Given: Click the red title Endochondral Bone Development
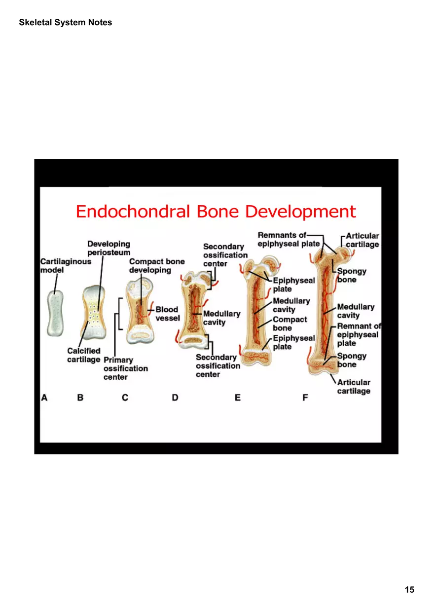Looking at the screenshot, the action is (x=216, y=211).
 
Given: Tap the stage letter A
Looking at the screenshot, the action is (x=44, y=397).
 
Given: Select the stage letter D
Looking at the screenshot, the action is (x=175, y=397).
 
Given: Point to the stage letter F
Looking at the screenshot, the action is (x=305, y=397).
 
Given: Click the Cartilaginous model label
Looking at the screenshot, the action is (x=59, y=266).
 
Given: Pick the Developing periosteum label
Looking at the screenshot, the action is (x=108, y=248).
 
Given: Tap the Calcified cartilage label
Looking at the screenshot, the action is (x=83, y=355).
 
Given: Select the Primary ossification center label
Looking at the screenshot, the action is (x=125, y=368).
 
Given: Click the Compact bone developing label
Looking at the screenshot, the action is (x=157, y=266).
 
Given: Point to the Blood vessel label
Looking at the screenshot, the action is (x=167, y=314).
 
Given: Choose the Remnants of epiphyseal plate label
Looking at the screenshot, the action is (x=289, y=240).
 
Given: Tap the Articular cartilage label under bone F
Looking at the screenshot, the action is (x=354, y=387).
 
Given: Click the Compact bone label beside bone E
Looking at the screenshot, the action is (x=290, y=324).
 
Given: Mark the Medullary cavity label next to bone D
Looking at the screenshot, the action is (x=221, y=318).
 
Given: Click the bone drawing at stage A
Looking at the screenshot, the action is (x=56, y=314).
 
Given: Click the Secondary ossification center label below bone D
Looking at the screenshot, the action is (x=218, y=366).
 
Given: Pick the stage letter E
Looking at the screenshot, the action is (x=238, y=397).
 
